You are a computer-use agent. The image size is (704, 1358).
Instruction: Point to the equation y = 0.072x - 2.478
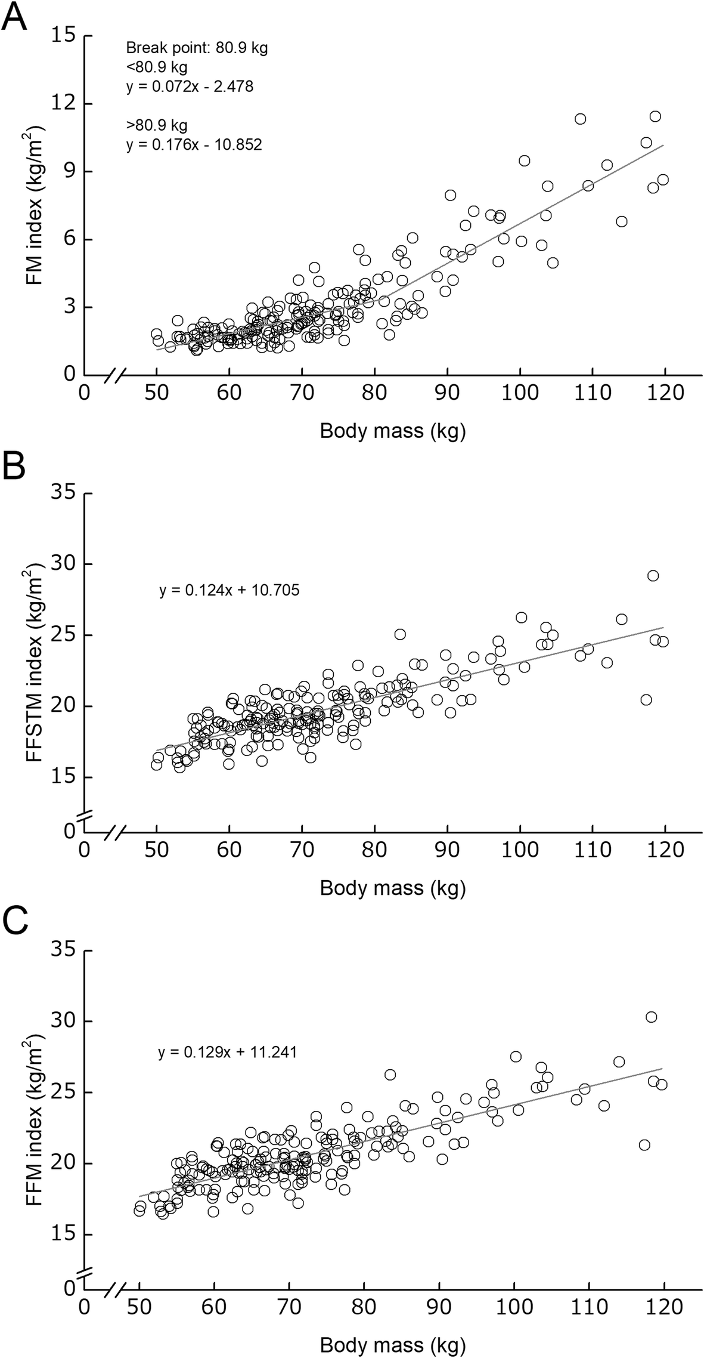[190, 87]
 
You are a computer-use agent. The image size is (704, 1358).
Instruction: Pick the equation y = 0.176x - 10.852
[194, 145]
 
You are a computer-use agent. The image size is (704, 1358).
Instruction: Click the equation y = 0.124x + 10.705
[229, 591]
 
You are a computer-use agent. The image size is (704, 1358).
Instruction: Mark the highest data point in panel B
[653, 576]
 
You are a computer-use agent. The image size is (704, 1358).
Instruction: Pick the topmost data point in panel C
[651, 1017]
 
